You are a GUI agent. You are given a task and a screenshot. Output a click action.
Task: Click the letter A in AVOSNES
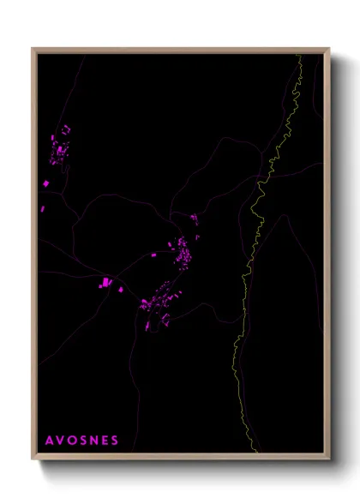pyautogui.click(x=50, y=440)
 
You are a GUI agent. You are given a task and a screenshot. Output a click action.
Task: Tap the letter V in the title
pyautogui.click(x=61, y=440)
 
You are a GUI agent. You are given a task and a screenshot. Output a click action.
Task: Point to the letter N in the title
pyautogui.click(x=95, y=440)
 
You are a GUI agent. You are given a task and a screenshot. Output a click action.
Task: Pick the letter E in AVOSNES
pyautogui.click(x=105, y=440)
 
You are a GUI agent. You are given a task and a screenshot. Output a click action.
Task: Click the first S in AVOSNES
pyautogui.click(x=84, y=440)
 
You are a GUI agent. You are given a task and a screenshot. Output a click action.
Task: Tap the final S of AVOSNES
pyautogui.click(x=116, y=440)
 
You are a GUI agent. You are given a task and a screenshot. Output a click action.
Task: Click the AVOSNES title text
pyautogui.click(x=82, y=440)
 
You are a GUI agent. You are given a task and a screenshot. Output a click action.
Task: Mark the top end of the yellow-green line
pyautogui.click(x=299, y=56)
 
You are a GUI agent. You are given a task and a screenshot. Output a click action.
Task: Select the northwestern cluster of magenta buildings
pyautogui.click(x=61, y=146)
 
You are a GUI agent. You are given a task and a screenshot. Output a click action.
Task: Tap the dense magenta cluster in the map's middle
pyautogui.click(x=183, y=252)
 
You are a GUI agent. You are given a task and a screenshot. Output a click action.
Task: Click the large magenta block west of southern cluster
pyautogui.click(x=106, y=282)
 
